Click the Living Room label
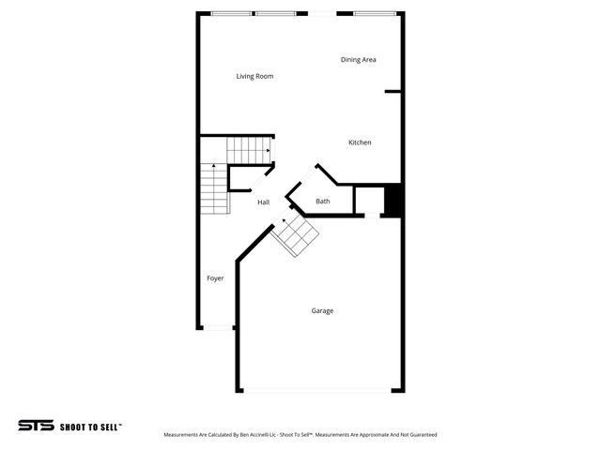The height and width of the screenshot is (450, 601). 254,76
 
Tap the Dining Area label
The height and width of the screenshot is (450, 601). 358,59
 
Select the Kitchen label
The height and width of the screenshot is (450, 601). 360,142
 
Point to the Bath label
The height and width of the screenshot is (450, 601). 322,201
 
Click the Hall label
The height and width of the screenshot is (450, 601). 264,202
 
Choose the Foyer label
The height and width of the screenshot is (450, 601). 215,278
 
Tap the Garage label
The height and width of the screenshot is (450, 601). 322,310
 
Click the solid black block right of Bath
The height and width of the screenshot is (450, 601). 393,202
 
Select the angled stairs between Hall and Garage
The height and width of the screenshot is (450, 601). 295,235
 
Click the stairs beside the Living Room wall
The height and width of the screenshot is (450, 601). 249,150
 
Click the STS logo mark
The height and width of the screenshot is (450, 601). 36,426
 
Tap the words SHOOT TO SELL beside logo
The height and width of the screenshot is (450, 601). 91,427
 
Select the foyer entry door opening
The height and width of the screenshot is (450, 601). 218,327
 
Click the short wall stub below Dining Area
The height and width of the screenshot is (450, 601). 393,92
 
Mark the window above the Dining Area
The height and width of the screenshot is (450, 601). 378,13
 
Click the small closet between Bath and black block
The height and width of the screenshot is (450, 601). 368,201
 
